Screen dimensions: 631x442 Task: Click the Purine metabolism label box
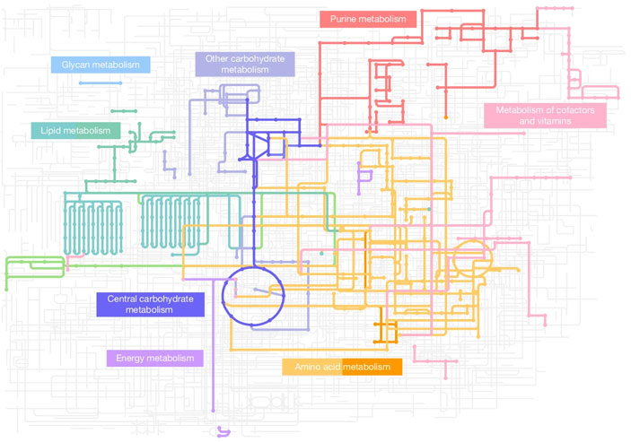click(368, 20)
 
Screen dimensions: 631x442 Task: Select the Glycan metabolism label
click(101, 65)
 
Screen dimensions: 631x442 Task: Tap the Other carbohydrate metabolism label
click(245, 65)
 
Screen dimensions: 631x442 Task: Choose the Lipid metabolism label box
click(75, 131)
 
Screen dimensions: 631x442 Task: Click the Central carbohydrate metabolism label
click(150, 305)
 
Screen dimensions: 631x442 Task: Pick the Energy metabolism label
click(154, 358)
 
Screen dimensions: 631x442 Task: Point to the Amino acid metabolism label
click(342, 367)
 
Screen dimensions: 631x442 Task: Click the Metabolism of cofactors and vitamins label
click(545, 116)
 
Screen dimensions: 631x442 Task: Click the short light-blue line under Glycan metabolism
click(101, 83)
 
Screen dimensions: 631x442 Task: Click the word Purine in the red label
click(343, 19)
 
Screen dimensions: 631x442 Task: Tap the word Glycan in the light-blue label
click(74, 65)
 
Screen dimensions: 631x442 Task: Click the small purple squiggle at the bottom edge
click(223, 432)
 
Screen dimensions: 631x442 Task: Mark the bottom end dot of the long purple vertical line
click(214, 411)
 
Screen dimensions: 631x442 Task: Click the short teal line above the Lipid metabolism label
click(124, 111)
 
